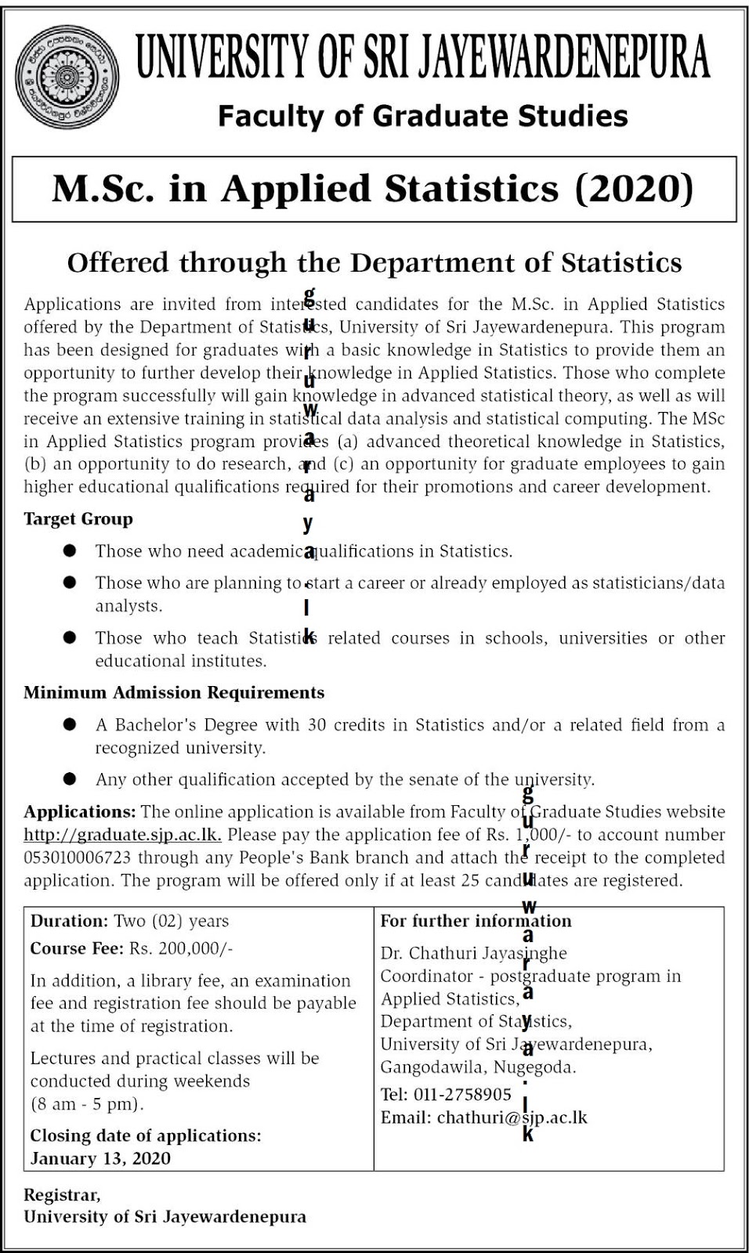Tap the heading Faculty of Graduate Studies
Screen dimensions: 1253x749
click(x=422, y=117)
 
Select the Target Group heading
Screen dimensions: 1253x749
click(x=78, y=519)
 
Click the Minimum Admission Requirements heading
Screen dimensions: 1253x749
click(x=174, y=693)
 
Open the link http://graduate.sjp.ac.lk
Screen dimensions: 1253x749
click(x=122, y=835)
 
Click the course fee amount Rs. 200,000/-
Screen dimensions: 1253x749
click(x=181, y=949)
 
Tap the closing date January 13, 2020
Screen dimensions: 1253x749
click(x=100, y=1159)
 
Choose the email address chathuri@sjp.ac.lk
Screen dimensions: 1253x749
click(x=512, y=1118)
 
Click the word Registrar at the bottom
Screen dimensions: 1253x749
click(x=61, y=1195)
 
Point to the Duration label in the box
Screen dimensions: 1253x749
click(x=69, y=922)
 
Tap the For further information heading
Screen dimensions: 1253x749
click(x=476, y=922)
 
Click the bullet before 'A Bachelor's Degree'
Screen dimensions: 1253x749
click(x=71, y=725)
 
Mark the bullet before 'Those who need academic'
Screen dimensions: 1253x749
click(x=71, y=551)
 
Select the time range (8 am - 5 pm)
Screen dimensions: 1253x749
click(x=87, y=1105)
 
